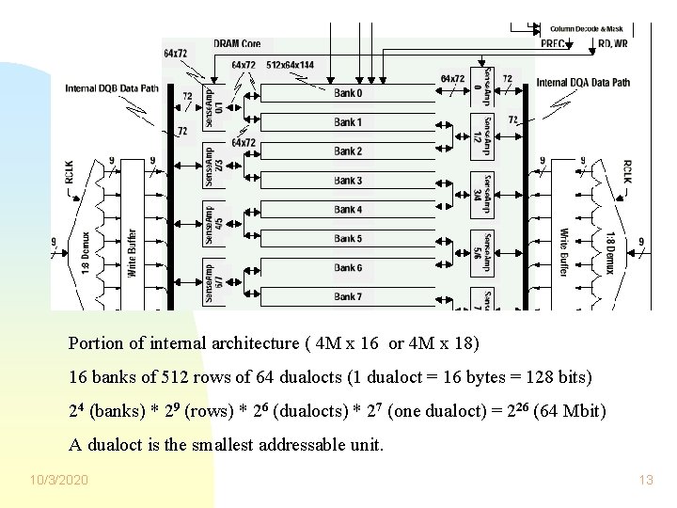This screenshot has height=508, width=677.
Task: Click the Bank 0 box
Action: (x=348, y=93)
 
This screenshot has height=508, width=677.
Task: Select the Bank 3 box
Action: (x=348, y=181)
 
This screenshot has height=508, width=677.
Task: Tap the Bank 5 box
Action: (x=348, y=239)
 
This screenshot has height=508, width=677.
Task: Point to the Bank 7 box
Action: (x=348, y=297)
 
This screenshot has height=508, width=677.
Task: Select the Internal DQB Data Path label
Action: (x=113, y=88)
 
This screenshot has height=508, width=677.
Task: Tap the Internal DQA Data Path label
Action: (x=583, y=83)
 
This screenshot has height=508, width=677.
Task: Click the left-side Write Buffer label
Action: (x=133, y=252)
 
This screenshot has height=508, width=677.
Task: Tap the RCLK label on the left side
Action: (x=68, y=163)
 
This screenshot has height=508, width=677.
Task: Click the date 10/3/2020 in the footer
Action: (x=58, y=481)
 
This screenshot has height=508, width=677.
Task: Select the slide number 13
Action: (x=645, y=481)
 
